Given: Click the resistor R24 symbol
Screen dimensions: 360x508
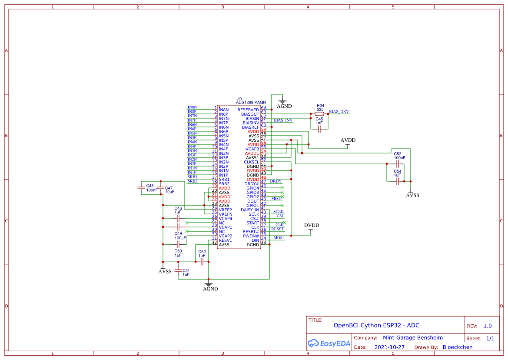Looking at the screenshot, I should (319, 114).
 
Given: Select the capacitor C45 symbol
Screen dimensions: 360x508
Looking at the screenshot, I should (319, 129).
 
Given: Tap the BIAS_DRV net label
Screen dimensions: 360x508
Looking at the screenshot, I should (339, 112).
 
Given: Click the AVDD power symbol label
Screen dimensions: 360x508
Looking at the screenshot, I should (348, 140).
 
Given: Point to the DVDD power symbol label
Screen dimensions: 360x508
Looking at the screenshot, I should (312, 225).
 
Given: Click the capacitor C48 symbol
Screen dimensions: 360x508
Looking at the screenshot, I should (141, 188).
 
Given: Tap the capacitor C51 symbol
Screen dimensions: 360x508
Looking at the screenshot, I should (177, 270).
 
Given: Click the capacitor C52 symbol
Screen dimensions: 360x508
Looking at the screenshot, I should (202, 262).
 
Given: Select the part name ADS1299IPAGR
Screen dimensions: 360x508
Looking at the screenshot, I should (251, 103).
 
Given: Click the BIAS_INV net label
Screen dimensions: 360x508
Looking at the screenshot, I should (283, 120).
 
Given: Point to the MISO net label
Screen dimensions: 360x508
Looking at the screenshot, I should (276, 199).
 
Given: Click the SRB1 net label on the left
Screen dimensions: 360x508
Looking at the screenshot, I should (192, 177).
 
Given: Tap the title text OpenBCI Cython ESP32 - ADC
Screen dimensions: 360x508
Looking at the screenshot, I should (376, 325).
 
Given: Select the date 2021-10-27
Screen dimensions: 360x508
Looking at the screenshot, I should (389, 347).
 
